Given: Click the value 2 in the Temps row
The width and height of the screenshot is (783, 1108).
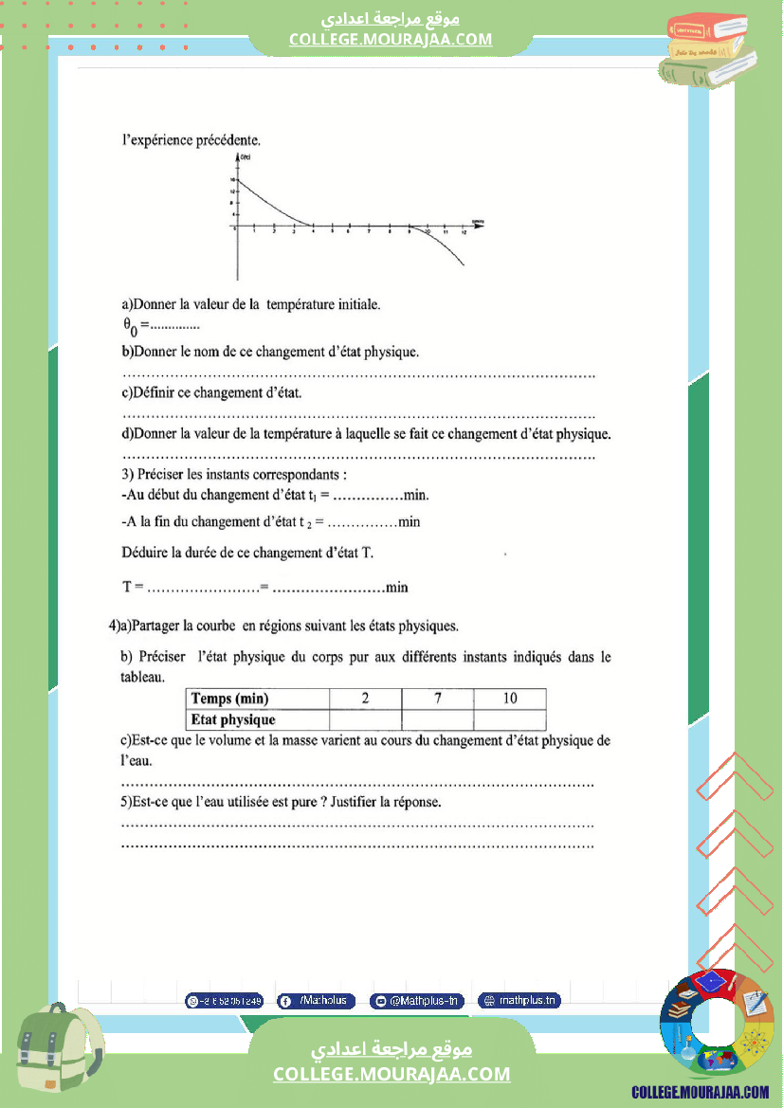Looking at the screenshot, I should [x=365, y=699].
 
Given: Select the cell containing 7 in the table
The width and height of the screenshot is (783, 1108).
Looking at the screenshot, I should [x=438, y=699].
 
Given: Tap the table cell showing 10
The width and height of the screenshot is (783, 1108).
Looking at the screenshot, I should [x=510, y=699].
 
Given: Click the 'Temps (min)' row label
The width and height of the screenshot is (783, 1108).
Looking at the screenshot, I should [x=230, y=699].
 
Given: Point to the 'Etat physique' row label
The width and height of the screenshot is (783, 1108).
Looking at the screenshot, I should [x=233, y=720].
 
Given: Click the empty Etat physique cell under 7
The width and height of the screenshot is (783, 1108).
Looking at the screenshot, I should [x=438, y=720].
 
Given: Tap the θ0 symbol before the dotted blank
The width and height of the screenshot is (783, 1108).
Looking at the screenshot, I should [x=131, y=327].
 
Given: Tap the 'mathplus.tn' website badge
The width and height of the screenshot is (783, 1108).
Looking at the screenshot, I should [x=519, y=1001].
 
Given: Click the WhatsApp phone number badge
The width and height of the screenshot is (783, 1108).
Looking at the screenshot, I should [x=225, y=1001].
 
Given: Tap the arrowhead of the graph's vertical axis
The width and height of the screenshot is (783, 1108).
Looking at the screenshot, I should [x=238, y=156].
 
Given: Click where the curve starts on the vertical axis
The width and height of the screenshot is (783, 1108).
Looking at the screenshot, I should [x=238, y=180].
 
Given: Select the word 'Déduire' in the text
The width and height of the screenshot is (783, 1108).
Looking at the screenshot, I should [x=147, y=553].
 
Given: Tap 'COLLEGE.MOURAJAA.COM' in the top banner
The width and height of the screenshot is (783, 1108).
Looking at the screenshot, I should [x=391, y=39].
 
